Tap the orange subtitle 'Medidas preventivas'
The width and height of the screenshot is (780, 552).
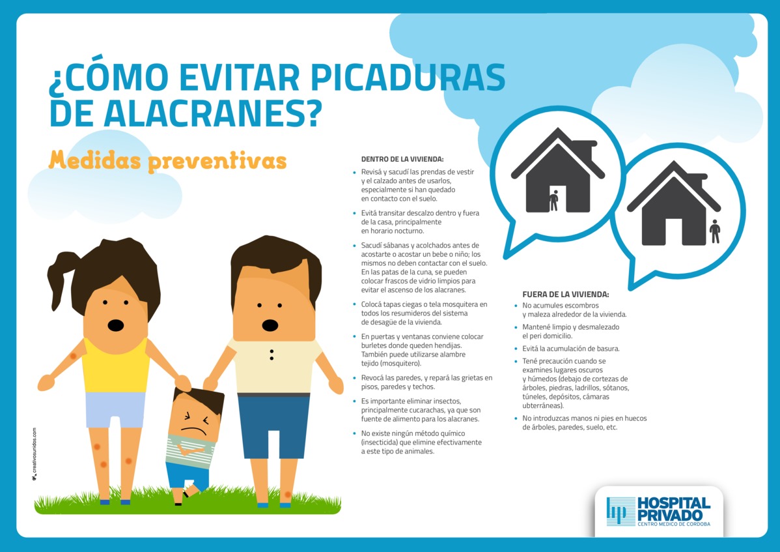click(x=167, y=161)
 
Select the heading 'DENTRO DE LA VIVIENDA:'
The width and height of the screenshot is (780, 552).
click(x=402, y=159)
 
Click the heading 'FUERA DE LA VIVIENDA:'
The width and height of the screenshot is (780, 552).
click(x=566, y=294)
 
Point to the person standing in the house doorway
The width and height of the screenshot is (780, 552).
click(x=553, y=200)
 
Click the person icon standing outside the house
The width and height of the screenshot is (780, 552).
click(x=715, y=231)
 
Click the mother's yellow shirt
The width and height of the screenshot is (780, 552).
click(x=115, y=366)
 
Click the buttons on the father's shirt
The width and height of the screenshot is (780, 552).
click(x=272, y=355)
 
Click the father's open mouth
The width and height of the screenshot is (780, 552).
click(x=270, y=325)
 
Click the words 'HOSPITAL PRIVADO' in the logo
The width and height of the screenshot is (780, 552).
click(x=673, y=509)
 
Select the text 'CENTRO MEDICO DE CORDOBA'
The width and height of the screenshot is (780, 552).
click(x=673, y=524)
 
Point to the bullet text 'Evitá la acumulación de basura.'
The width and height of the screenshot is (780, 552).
click(x=570, y=349)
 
